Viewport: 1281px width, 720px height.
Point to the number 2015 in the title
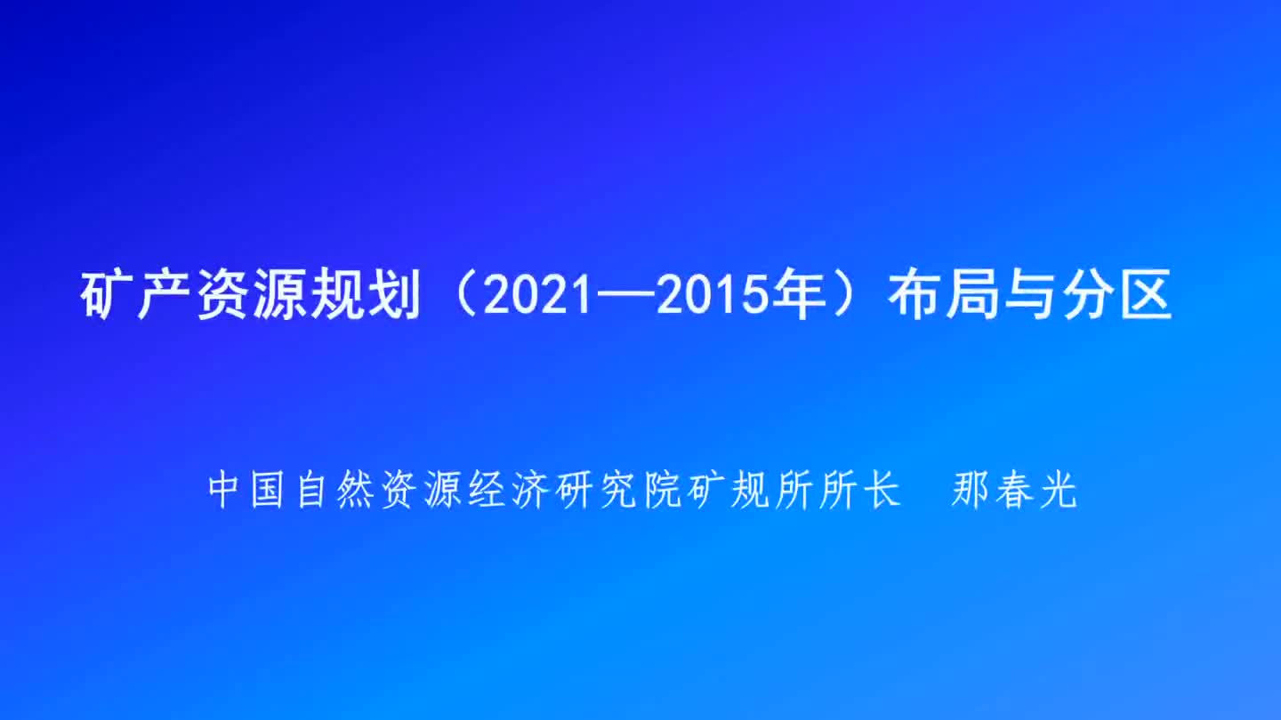pos(711,295)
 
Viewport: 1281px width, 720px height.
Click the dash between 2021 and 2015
pos(624,296)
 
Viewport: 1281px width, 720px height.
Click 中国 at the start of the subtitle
pos(246,490)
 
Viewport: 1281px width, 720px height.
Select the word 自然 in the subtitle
pos(334,490)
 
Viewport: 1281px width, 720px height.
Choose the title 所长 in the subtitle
pos(861,490)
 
